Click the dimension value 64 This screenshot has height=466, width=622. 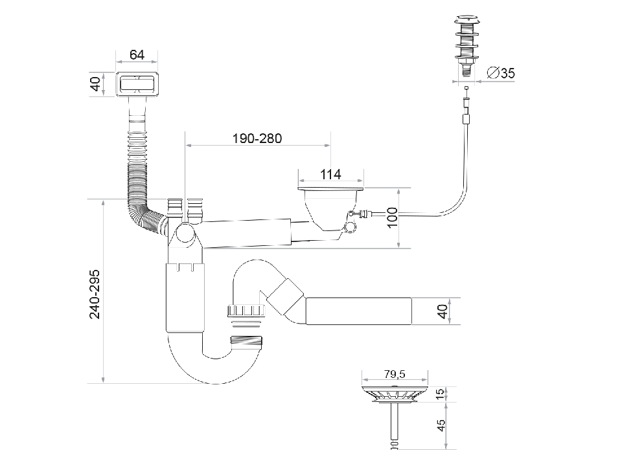coord(137,55)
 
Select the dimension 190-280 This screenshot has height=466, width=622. coord(257,139)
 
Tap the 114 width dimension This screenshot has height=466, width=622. coord(330,175)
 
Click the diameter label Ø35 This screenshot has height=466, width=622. coord(500,73)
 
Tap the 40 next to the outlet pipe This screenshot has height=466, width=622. coord(443,311)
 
